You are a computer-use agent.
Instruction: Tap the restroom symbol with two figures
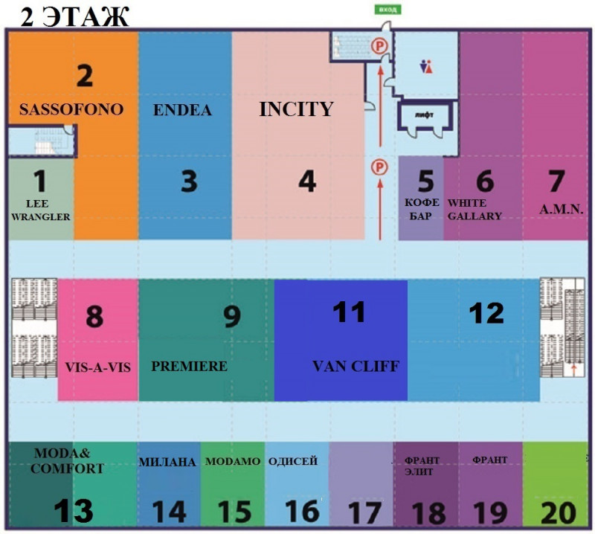425,66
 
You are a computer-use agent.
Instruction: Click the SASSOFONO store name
71,109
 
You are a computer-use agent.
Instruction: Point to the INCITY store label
296,109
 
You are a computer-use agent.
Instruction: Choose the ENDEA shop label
182,111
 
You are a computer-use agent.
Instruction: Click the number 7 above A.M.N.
556,182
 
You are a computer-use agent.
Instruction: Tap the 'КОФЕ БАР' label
422,209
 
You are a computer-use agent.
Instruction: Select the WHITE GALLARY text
474,209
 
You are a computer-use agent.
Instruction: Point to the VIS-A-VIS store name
98,367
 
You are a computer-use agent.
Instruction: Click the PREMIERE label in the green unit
189,367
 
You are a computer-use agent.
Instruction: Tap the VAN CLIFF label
356,366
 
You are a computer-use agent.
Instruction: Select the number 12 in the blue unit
487,313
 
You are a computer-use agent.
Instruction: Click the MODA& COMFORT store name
67,460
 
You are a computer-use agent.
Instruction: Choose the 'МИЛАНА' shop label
167,462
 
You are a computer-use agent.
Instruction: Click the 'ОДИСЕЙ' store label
292,461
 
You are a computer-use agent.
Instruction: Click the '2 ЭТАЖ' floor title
74,16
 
